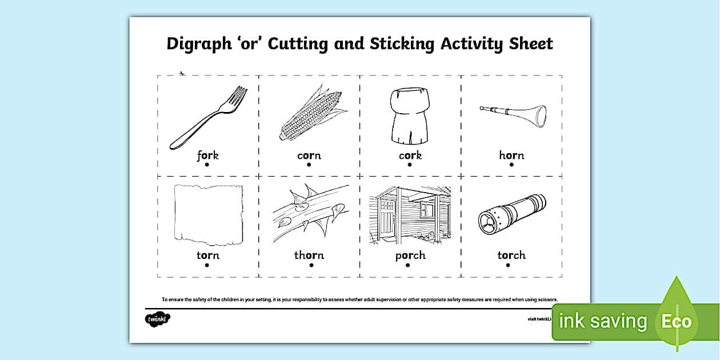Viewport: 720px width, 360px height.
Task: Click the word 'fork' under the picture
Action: [x=207, y=155]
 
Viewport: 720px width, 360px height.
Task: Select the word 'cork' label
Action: [x=410, y=155]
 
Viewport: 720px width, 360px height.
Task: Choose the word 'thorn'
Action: [x=309, y=255]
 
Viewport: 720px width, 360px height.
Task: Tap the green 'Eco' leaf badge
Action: [x=677, y=321]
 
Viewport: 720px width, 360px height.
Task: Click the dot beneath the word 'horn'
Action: [x=511, y=165]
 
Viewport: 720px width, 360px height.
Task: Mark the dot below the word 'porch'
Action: [x=410, y=265]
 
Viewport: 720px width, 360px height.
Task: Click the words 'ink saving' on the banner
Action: [x=603, y=321]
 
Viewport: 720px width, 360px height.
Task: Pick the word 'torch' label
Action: [x=511, y=255]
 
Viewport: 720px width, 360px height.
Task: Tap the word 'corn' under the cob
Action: [x=309, y=155]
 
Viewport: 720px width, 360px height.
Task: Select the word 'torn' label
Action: [x=207, y=255]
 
